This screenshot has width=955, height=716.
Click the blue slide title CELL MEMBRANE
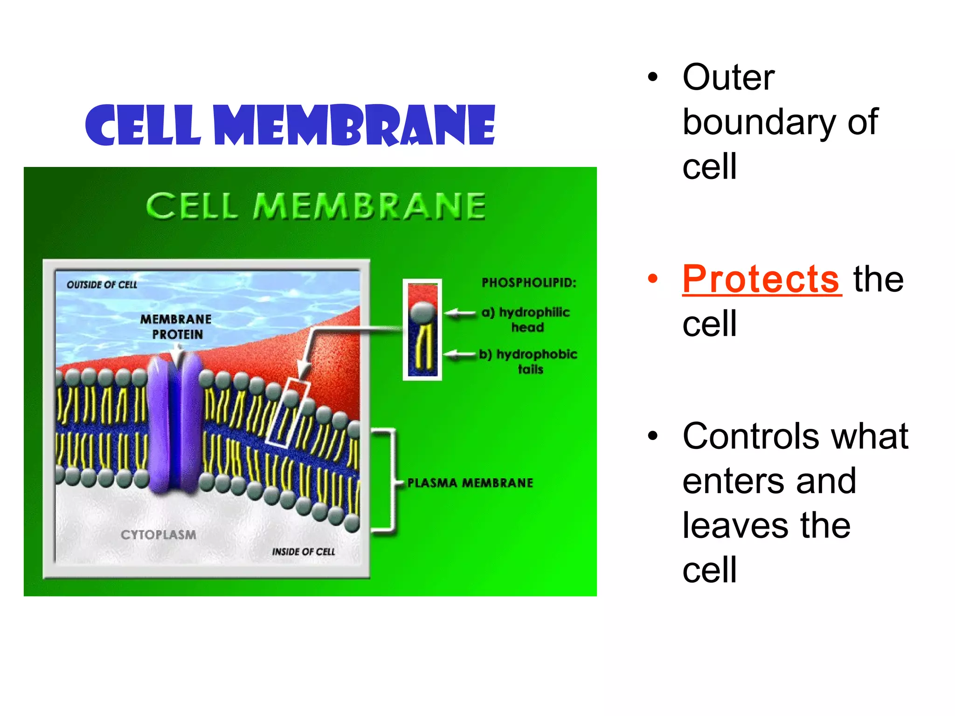click(290, 125)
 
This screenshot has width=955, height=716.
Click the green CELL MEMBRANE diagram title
click(316, 206)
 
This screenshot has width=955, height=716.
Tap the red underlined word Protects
click(761, 279)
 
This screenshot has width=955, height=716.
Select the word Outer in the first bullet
click(728, 77)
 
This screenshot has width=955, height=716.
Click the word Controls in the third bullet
click(750, 436)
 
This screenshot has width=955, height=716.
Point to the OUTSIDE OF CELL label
click(102, 285)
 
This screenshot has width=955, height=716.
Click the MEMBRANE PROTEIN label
click(176, 326)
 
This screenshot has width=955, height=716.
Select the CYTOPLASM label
click(159, 535)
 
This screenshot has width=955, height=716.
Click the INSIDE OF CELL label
click(304, 552)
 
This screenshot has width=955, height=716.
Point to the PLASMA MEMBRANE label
click(470, 483)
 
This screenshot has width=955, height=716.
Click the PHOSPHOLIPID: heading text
click(529, 282)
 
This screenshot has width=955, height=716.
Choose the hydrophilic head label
click(527, 319)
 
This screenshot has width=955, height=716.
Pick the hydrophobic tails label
click(529, 362)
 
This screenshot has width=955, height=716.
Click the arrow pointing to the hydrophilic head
click(459, 313)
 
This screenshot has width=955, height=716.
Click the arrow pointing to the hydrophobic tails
click(459, 355)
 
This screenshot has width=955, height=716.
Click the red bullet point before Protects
click(653, 279)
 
